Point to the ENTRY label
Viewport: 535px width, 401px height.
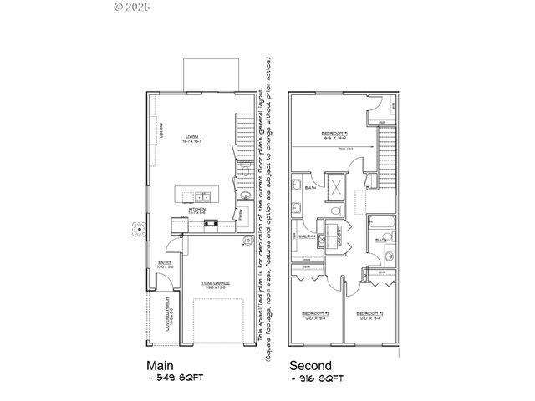(x=164, y=267)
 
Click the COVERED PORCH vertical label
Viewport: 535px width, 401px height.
(x=170, y=310)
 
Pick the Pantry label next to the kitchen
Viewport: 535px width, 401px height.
(x=241, y=214)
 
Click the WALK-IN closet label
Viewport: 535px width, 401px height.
(x=306, y=236)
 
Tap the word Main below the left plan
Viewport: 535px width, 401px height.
(x=160, y=365)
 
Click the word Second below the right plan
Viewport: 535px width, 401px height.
(x=310, y=365)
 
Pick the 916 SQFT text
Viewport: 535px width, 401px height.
(x=321, y=378)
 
